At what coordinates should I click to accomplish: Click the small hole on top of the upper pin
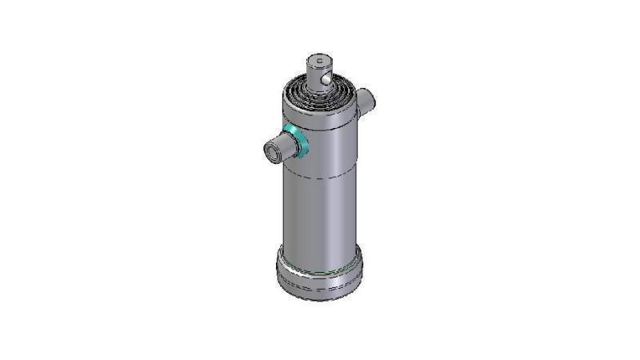[318, 59]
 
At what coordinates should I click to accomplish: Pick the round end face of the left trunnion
[273, 149]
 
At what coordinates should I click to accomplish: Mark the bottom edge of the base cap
[320, 299]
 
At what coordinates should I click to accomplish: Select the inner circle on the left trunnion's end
[272, 149]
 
